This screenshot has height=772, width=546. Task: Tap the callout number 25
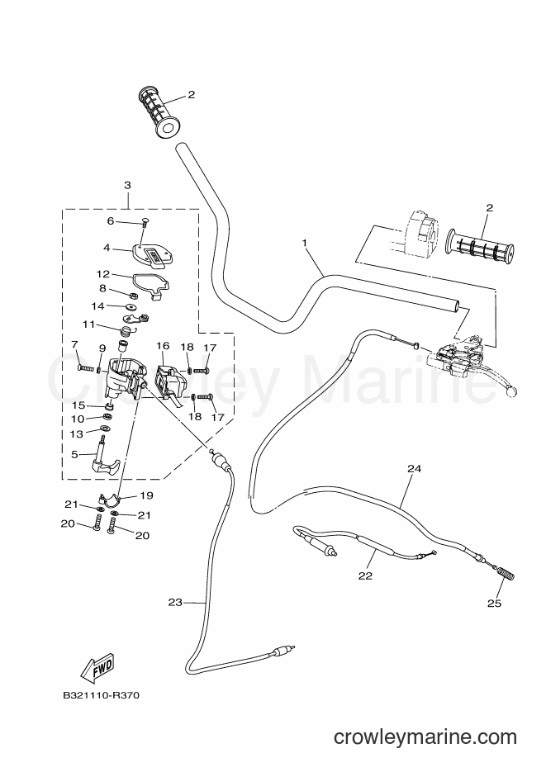(x=494, y=603)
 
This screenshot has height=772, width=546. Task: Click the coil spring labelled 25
(x=506, y=575)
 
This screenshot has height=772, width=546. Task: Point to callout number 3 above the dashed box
(x=127, y=185)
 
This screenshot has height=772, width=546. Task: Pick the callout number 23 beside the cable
(x=175, y=602)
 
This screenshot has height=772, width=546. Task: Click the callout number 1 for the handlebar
(x=305, y=243)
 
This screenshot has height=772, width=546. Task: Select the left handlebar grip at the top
(x=159, y=113)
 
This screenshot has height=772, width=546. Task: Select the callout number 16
(x=163, y=346)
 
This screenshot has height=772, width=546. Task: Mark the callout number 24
(x=415, y=469)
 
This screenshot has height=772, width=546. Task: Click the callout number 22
(x=365, y=575)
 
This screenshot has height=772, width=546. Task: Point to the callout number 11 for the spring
(x=88, y=324)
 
